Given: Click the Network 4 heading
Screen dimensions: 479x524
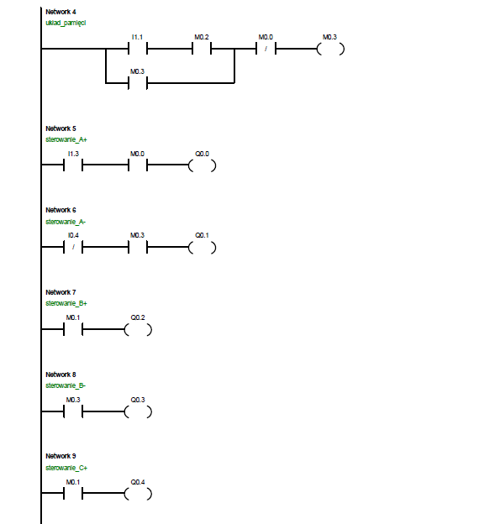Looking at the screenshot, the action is (61, 12).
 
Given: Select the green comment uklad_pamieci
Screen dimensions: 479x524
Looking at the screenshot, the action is (66, 23).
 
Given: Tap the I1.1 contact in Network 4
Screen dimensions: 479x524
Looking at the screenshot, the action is (138, 49).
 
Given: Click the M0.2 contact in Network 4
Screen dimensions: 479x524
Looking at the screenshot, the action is (202, 49).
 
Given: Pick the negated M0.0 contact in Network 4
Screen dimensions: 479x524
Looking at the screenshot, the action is (266, 49).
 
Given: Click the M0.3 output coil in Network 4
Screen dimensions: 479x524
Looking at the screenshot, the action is (330, 49).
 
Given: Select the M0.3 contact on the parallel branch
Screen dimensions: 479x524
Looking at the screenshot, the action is (138, 83).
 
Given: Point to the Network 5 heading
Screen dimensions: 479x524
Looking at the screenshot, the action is (61, 128).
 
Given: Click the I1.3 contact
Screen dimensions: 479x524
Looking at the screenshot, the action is (73, 165).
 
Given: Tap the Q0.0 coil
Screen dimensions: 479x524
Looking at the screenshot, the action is (202, 165).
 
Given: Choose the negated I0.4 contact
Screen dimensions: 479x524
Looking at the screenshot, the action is (73, 247).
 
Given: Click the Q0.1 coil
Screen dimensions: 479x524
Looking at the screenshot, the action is (202, 248).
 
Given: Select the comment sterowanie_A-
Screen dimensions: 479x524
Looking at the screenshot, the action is (66, 222).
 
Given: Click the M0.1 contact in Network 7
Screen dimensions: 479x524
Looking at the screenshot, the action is (73, 329).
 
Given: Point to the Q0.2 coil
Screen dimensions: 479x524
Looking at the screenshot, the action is (138, 330).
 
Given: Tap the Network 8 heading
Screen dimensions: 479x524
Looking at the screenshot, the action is (61, 375).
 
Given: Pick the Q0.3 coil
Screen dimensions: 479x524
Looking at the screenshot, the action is (138, 411).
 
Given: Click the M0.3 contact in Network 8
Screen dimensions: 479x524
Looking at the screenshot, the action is (73, 411).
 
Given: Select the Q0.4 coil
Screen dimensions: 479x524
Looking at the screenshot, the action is (138, 494).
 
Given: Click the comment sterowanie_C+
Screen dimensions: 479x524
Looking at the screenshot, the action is (66, 468).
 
